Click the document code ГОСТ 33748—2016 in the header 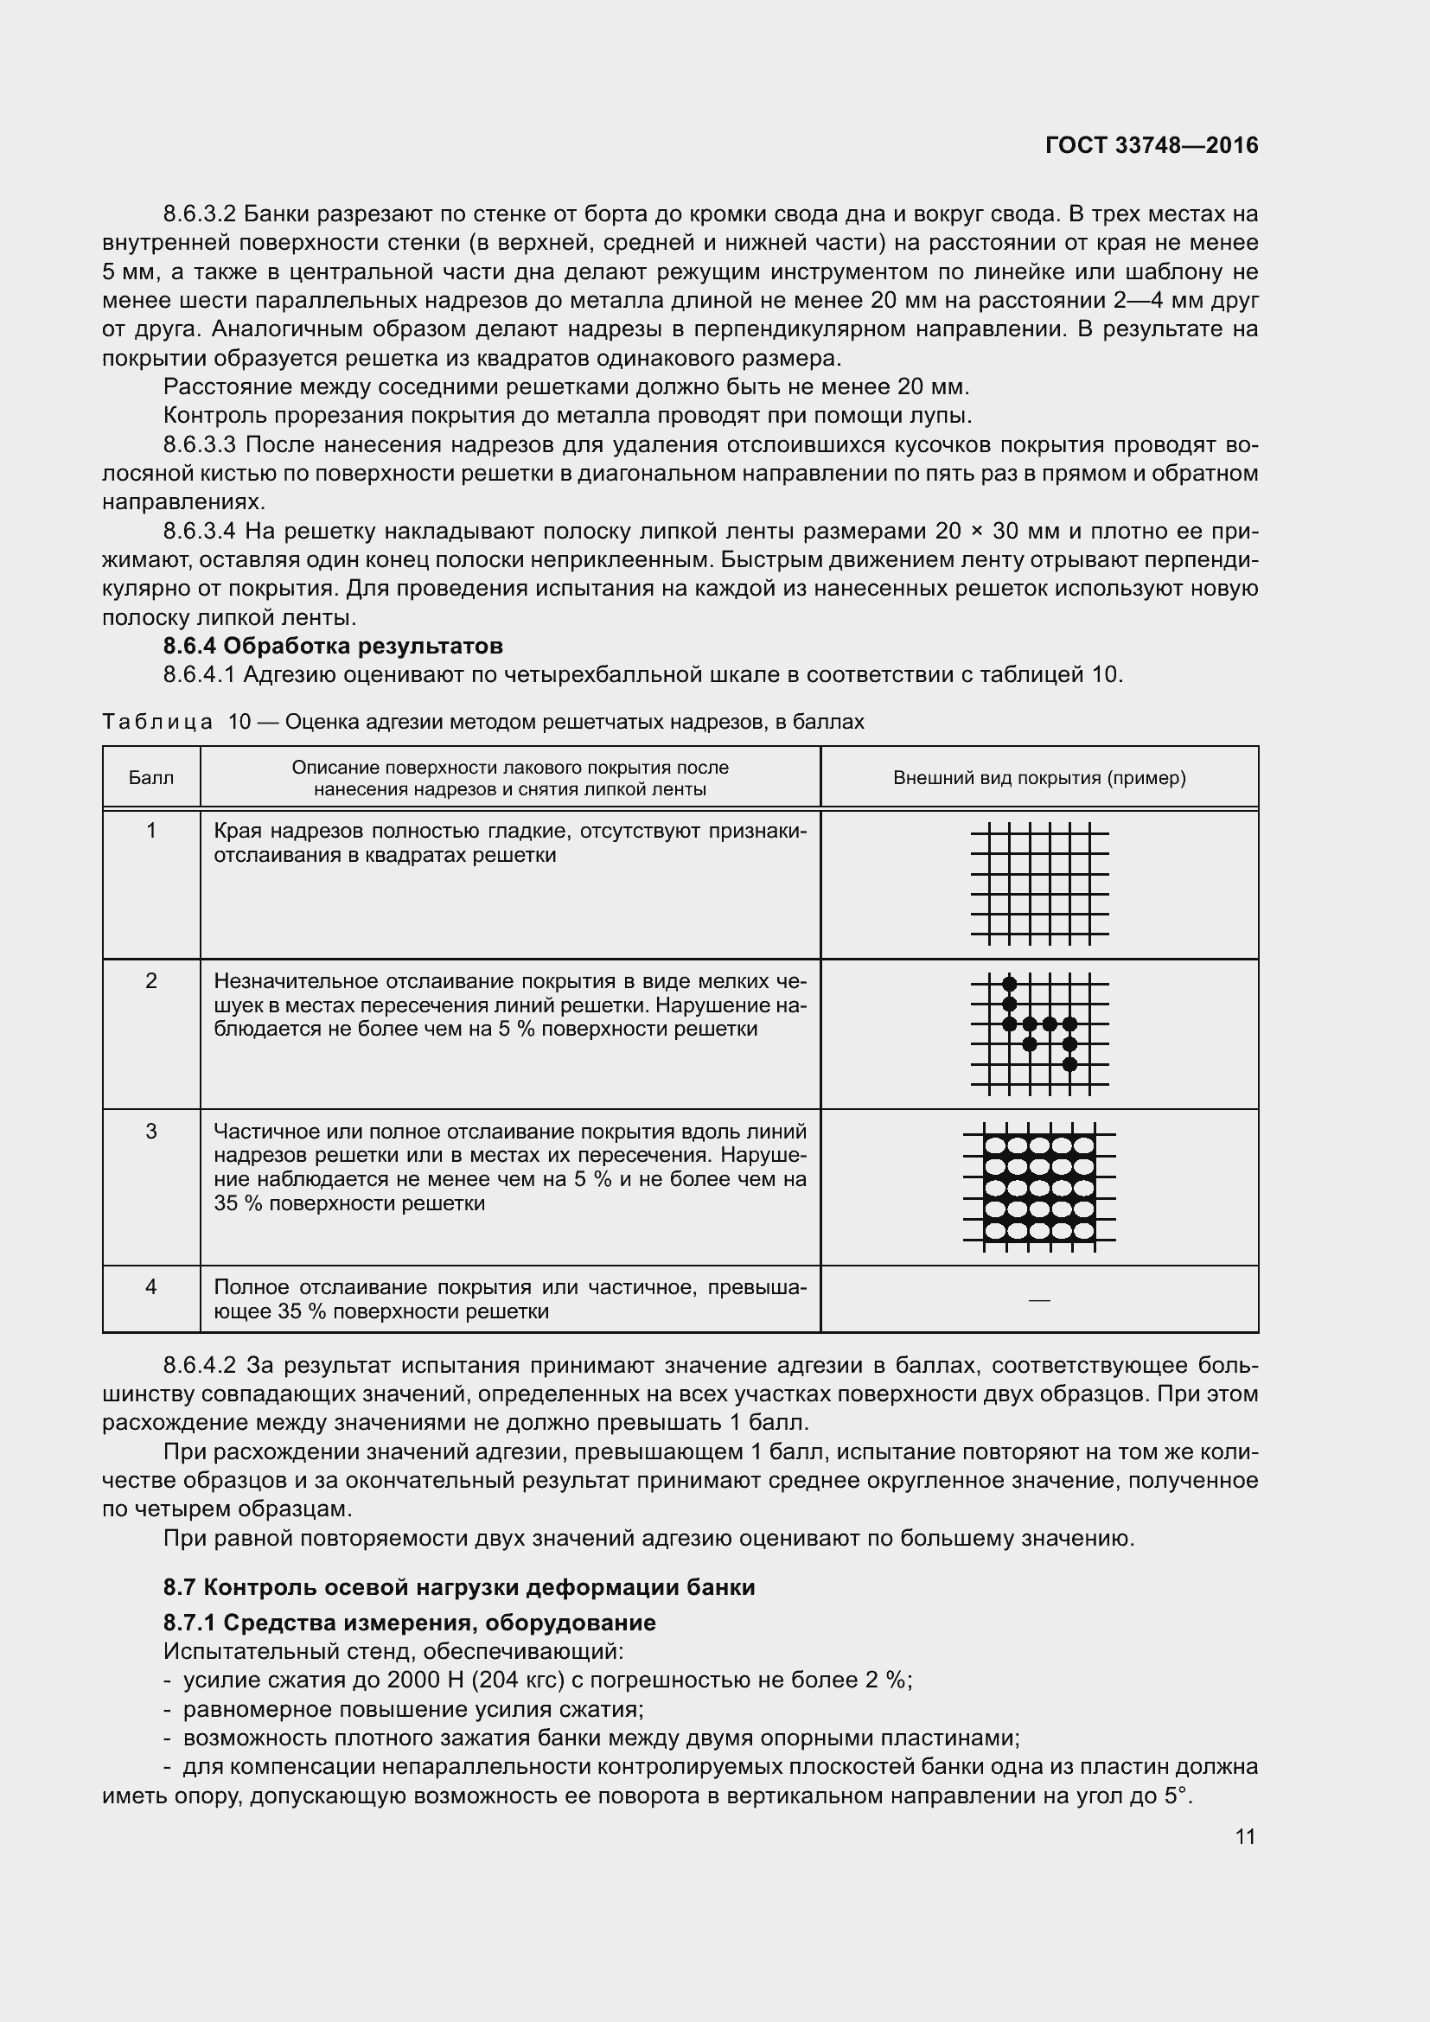click(x=1152, y=145)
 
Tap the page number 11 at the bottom click(x=1245, y=1836)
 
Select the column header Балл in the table click(x=150, y=778)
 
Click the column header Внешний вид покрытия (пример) click(x=1039, y=778)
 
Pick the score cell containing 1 click(x=150, y=831)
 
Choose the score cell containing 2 click(x=150, y=981)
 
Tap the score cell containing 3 click(x=150, y=1131)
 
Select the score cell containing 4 click(x=150, y=1286)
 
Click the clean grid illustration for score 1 click(x=1039, y=883)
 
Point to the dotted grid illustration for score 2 click(x=1039, y=1034)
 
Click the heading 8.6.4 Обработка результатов click(x=333, y=646)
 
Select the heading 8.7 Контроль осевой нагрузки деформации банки click(x=459, y=1587)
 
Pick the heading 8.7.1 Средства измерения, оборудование click(x=410, y=1622)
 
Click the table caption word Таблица click(x=157, y=722)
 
